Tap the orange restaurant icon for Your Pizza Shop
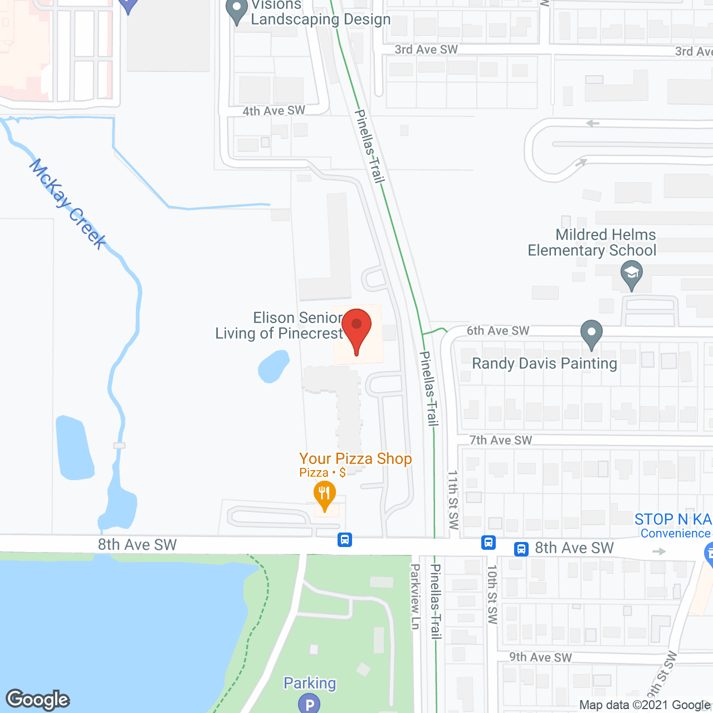click(x=324, y=495)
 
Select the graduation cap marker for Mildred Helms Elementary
click(x=631, y=275)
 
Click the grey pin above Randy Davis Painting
click(x=592, y=334)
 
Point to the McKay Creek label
click(x=68, y=204)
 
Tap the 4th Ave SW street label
click(x=274, y=111)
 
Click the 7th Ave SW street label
click(x=500, y=440)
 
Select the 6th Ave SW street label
click(x=497, y=331)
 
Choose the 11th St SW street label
click(x=453, y=500)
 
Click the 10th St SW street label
click(x=492, y=594)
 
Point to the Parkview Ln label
click(x=415, y=597)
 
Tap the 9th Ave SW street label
click(x=540, y=657)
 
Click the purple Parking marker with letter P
click(x=309, y=704)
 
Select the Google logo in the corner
click(x=38, y=700)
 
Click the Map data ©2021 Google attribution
click(x=644, y=705)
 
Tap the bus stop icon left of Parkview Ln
click(x=345, y=539)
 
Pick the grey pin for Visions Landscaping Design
click(x=237, y=11)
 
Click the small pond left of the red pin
click(x=273, y=367)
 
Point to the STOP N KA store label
click(x=673, y=519)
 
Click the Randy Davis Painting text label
click(x=544, y=364)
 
